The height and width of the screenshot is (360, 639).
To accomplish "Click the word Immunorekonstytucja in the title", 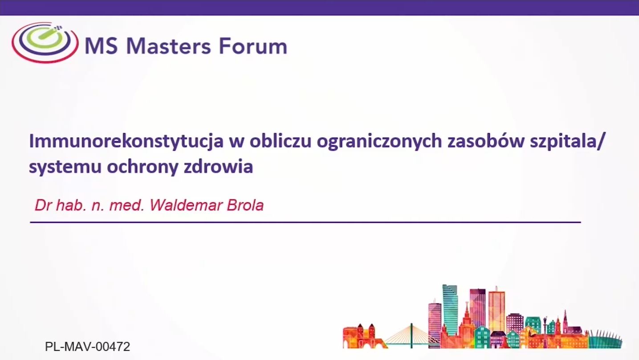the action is tap(126, 141).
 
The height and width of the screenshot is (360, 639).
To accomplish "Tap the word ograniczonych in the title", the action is tap(379, 142).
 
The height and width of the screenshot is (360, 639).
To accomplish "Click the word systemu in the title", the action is tap(65, 167).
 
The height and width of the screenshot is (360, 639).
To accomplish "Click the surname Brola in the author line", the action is tap(245, 205).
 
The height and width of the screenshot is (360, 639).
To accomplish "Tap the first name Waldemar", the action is tap(186, 205).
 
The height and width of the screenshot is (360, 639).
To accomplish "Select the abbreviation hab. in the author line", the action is tap(71, 205).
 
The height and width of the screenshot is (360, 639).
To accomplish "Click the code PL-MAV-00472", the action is tap(87, 347).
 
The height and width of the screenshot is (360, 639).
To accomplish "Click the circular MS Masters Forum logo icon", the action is tap(45, 42).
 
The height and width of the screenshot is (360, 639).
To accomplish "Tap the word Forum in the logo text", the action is tap(253, 46).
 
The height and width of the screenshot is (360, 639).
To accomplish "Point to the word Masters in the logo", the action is tap(169, 46).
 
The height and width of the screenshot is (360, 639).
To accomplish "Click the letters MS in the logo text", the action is tap(101, 46).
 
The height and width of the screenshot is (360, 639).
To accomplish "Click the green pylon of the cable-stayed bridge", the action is tap(411, 336).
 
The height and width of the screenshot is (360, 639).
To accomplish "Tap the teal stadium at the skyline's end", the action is tap(605, 340).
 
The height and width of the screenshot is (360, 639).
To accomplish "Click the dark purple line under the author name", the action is tap(305, 222).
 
